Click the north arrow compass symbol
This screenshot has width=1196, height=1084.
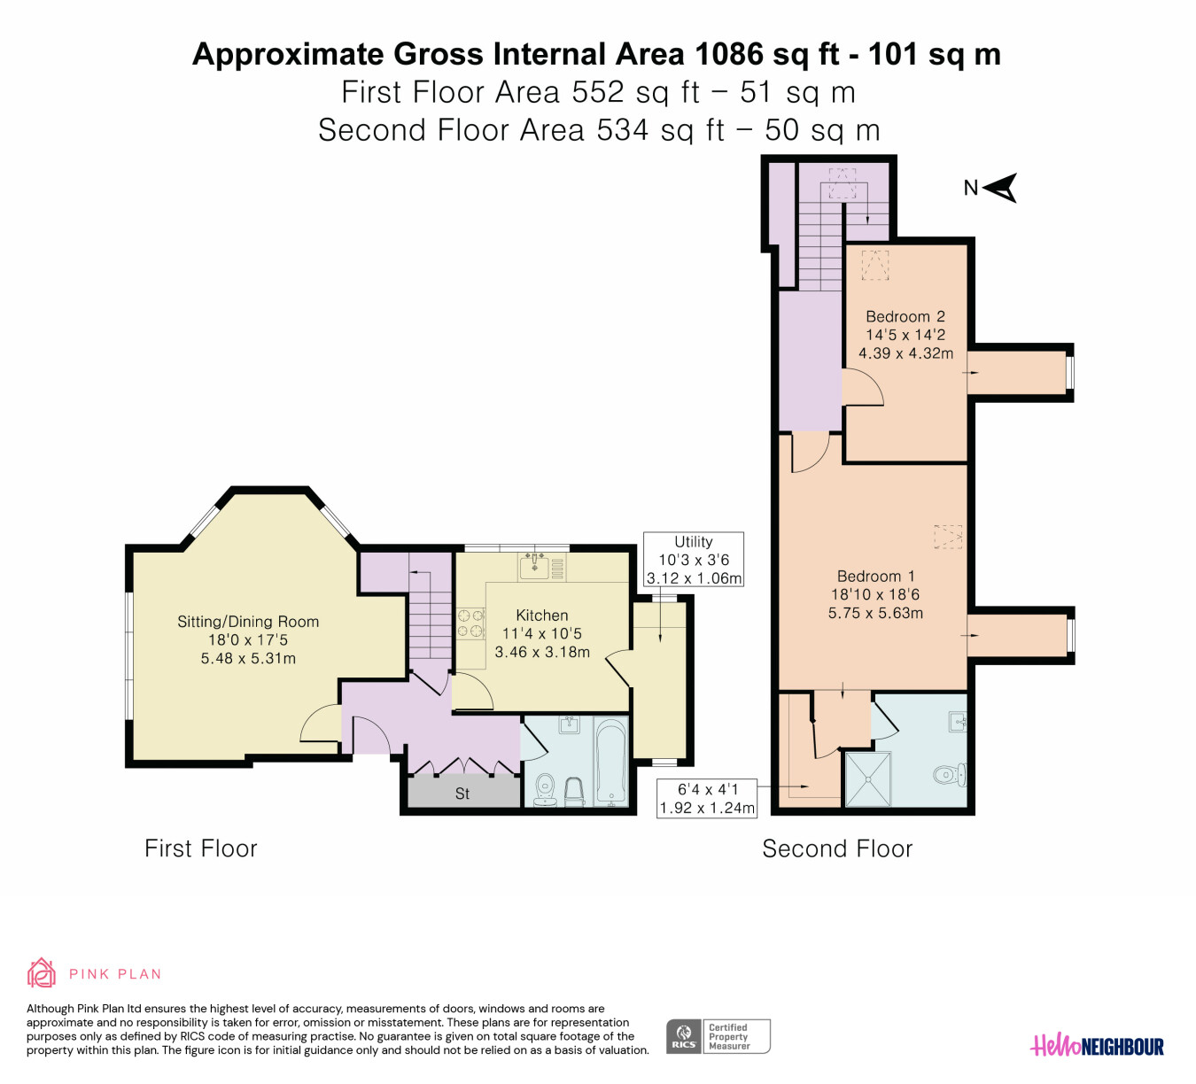[x=1000, y=189]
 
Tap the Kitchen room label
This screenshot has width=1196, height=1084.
[x=542, y=615]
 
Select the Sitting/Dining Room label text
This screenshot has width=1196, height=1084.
[x=248, y=622]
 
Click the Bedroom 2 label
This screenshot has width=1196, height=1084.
[x=905, y=316]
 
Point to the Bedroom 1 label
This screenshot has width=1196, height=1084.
[x=875, y=576]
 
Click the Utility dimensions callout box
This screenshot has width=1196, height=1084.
[x=694, y=560]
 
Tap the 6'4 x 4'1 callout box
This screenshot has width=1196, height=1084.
[x=707, y=799]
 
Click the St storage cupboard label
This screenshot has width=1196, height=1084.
[x=462, y=794]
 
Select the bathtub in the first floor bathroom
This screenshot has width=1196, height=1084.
[x=611, y=762]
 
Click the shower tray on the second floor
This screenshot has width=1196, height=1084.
[x=868, y=779]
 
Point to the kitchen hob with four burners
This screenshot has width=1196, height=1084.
[x=470, y=623]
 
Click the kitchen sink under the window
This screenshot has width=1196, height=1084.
[x=535, y=567]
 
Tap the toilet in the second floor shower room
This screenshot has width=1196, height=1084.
[x=949, y=775]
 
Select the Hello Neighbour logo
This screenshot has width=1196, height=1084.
[x=1097, y=1045]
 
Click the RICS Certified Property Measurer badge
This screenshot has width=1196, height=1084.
[x=718, y=1036]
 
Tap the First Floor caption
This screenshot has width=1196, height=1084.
[x=201, y=848]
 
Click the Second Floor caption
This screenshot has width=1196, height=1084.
[x=837, y=848]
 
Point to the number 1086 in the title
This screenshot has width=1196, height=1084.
[x=729, y=54]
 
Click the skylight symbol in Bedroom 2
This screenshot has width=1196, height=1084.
[x=875, y=266]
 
